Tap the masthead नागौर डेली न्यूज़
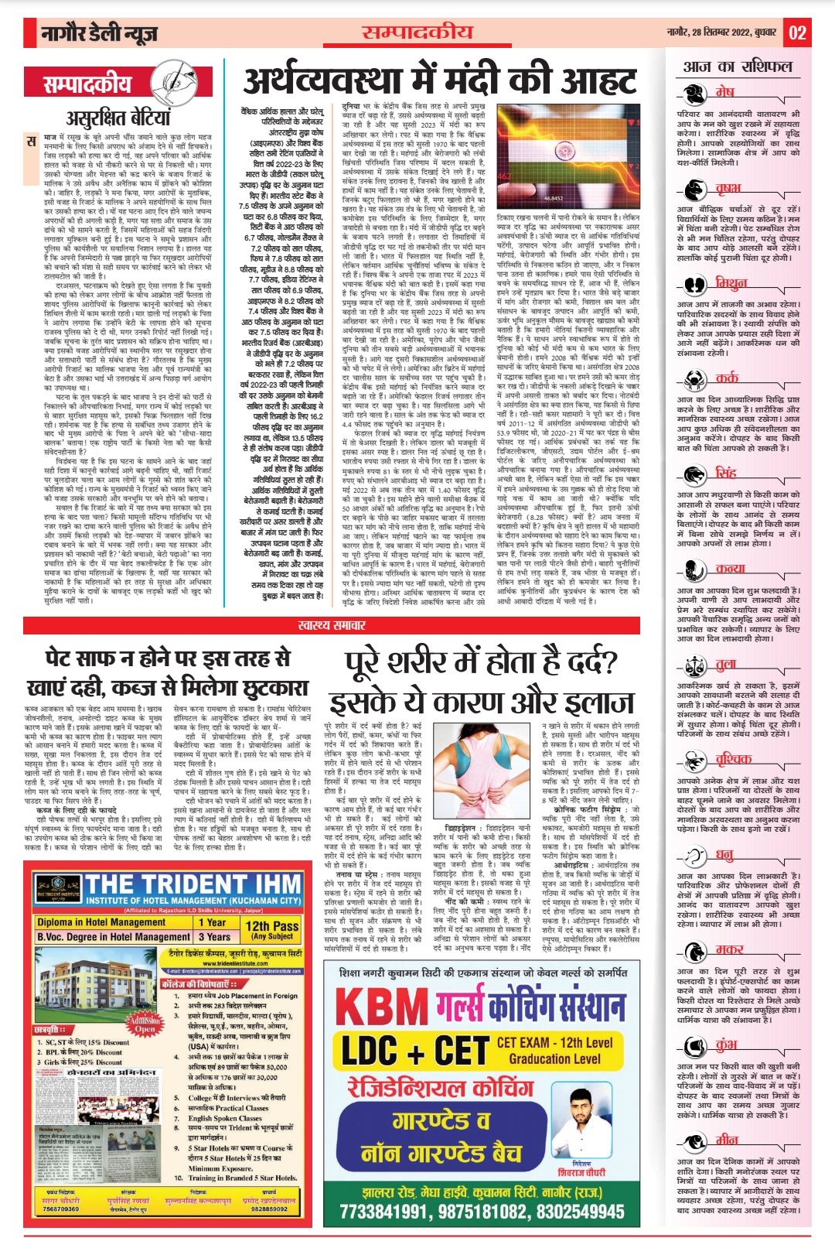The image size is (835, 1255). pos(100,33)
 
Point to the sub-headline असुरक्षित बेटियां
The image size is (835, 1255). pos(118,118)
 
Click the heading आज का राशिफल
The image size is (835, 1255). pos(738,67)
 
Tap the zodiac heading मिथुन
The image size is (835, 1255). pos(731,283)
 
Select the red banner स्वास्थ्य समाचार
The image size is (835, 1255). pos(332,624)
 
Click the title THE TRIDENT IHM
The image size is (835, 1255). pos(193,884)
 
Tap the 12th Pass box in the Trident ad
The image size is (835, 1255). pos(271,929)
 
